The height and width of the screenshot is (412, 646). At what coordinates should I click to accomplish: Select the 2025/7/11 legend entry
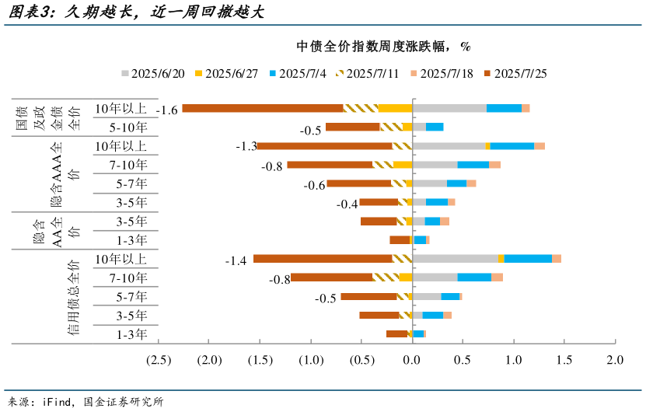point(368,74)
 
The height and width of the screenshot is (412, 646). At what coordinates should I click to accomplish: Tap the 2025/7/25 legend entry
point(520,74)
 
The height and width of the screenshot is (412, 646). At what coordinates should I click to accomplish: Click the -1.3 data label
point(246,146)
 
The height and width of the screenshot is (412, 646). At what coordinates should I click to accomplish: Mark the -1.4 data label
point(236,260)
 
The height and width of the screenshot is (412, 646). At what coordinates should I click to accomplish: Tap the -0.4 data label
point(347,204)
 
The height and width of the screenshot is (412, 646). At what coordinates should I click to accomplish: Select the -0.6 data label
point(315,185)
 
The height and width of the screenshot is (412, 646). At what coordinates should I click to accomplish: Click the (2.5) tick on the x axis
point(159,360)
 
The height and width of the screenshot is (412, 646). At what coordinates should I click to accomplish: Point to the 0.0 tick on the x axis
point(413,360)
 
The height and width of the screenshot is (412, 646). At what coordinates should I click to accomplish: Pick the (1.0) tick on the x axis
point(311,360)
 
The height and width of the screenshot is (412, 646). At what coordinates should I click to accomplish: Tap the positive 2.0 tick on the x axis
point(615,360)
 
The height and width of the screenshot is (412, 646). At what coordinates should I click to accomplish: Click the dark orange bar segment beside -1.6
point(262,108)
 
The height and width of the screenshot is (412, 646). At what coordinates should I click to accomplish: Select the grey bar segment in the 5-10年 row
point(419,127)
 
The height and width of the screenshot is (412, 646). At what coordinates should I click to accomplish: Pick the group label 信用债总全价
point(73,298)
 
